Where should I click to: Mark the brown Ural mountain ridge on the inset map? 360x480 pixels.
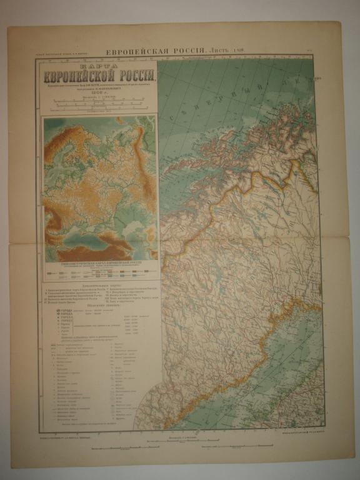coord(146,181)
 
